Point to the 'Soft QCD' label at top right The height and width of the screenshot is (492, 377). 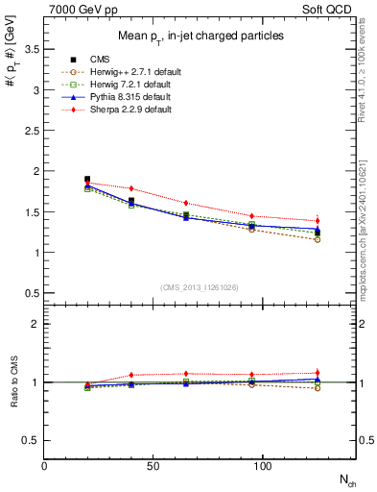click(x=331, y=9)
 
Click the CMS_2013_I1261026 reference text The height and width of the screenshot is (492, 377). click(x=200, y=287)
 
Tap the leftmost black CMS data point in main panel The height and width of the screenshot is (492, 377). click(x=87, y=179)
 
